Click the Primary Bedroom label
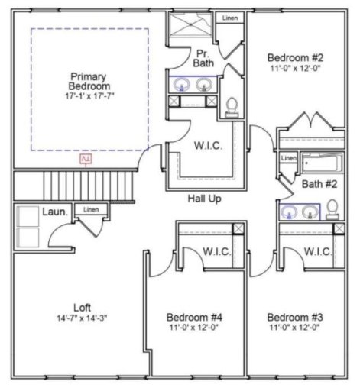88,82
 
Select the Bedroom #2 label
295,57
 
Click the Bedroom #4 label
194,317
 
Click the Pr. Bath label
203,59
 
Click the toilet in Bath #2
333,208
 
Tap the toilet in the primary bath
232,106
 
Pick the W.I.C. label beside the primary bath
207,147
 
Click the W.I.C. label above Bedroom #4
217,251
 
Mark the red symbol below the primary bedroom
86,160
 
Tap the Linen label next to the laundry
91,209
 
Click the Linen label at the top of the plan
229,18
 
